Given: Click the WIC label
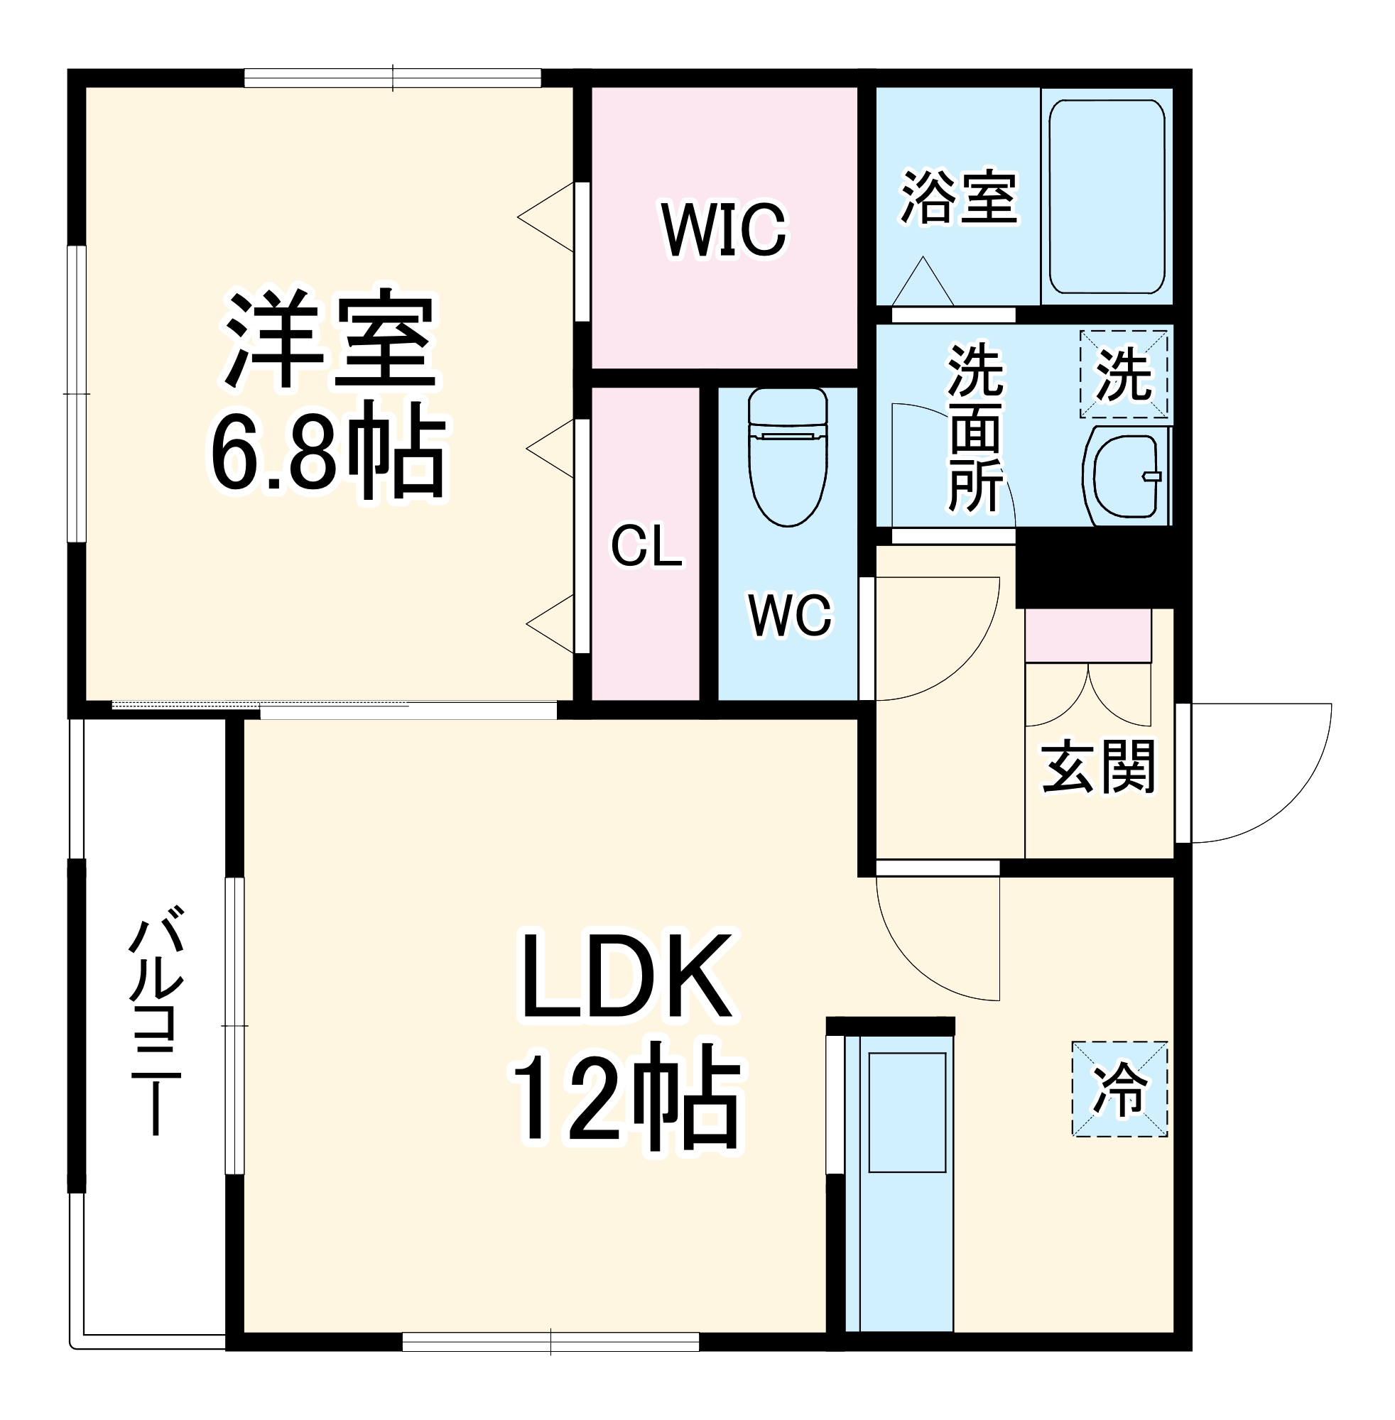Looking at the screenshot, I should (724, 230).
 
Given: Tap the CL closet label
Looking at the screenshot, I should (646, 545).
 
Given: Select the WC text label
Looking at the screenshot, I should (790, 615).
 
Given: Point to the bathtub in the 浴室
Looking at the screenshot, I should (1107, 196).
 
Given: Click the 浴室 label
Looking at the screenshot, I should (959, 197).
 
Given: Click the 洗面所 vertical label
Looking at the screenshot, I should (976, 428).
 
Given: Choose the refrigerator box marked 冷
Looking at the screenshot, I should (1119, 1090).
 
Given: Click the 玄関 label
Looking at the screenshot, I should (1097, 768).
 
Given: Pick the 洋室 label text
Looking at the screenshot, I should (330, 341).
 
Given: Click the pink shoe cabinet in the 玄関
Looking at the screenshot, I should (1087, 635).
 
